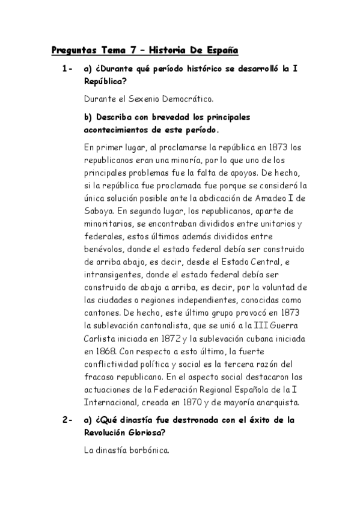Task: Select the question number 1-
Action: pos(67,70)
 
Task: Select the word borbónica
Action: pos(146,448)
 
